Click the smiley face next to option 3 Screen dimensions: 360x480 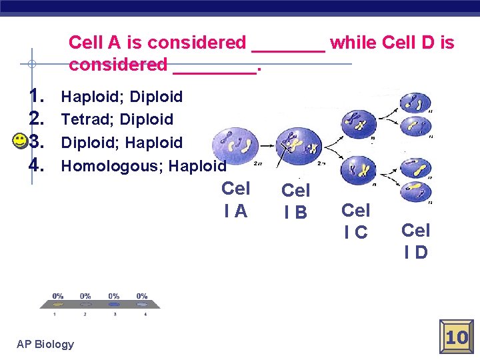20,141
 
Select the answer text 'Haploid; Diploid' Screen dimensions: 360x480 121,97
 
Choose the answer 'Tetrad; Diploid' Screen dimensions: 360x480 117,119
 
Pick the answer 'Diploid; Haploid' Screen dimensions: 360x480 121,142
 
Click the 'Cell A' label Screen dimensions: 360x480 235,199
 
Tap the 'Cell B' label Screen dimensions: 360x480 295,201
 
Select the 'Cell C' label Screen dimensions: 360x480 355,221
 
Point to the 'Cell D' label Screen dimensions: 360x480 415,241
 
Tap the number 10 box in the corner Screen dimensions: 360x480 457,337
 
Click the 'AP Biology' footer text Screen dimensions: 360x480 45,344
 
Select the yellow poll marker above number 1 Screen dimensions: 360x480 57,305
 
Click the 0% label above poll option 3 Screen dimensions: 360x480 114,296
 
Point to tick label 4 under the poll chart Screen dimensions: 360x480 145,313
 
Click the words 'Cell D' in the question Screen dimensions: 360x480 409,43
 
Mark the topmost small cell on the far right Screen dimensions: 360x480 415,102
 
